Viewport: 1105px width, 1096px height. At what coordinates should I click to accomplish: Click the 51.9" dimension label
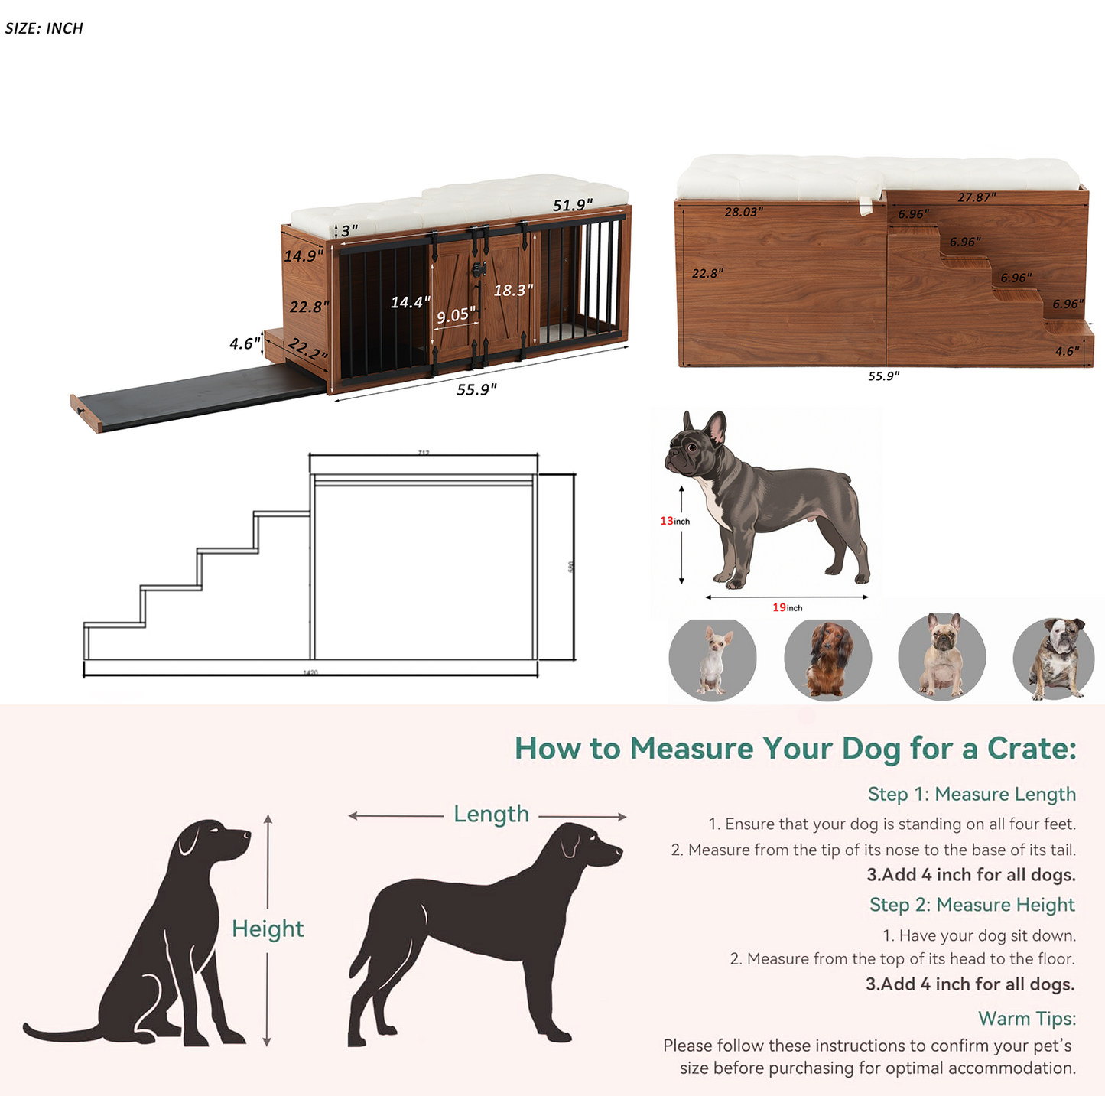tap(573, 205)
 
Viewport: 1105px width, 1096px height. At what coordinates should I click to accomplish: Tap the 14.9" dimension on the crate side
tap(303, 255)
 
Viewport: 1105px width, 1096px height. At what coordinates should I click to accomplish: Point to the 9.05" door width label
tap(456, 315)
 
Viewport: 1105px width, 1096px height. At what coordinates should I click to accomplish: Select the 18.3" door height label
tap(513, 291)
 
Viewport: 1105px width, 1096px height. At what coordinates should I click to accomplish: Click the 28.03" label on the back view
tap(743, 212)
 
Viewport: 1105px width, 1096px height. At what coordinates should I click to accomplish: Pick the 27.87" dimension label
tap(977, 197)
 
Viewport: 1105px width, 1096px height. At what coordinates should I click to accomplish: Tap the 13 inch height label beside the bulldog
tap(674, 521)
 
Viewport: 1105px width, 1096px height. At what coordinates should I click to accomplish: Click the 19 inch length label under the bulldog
tap(787, 607)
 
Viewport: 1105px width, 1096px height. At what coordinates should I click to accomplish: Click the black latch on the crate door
tap(479, 269)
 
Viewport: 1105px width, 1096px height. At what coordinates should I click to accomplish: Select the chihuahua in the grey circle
tap(713, 659)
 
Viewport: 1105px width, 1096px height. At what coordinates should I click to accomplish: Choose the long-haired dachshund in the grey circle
tap(827, 659)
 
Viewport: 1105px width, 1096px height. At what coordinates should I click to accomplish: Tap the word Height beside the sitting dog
tap(268, 929)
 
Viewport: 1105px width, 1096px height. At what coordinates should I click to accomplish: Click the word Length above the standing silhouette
tap(491, 814)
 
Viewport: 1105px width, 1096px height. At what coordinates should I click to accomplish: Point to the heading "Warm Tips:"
tap(1026, 1019)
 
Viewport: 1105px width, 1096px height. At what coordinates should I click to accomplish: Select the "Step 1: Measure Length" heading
tap(971, 794)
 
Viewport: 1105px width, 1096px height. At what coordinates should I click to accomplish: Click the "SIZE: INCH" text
tap(44, 28)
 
